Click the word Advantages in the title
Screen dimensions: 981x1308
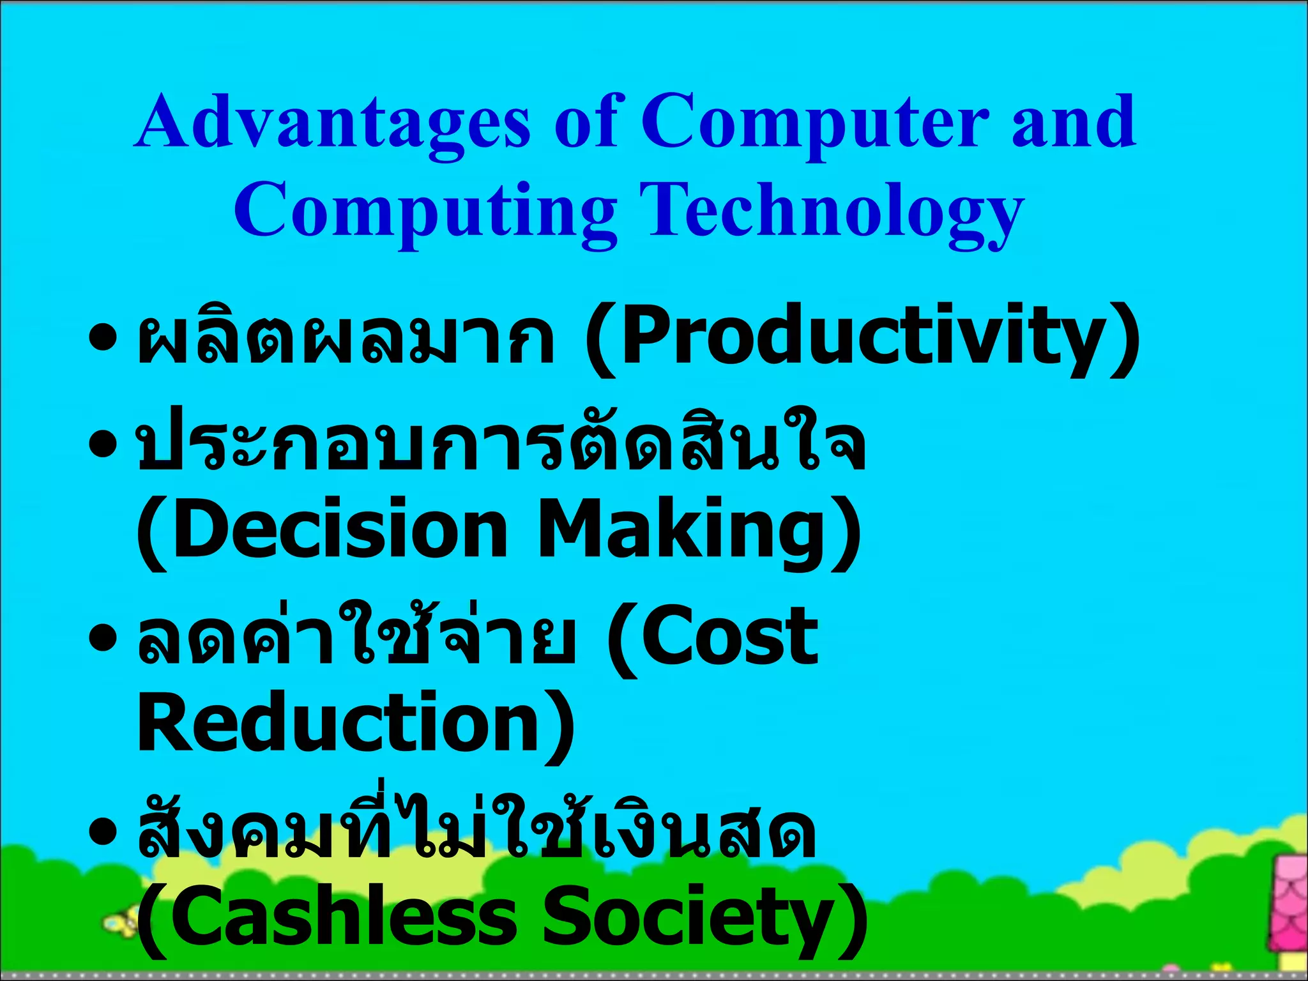click(x=332, y=123)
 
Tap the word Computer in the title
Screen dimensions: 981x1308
click(x=815, y=123)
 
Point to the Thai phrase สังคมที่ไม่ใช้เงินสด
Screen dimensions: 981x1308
click(x=476, y=830)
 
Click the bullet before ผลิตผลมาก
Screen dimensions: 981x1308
click(x=103, y=335)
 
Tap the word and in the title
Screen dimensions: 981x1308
click(x=1073, y=123)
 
